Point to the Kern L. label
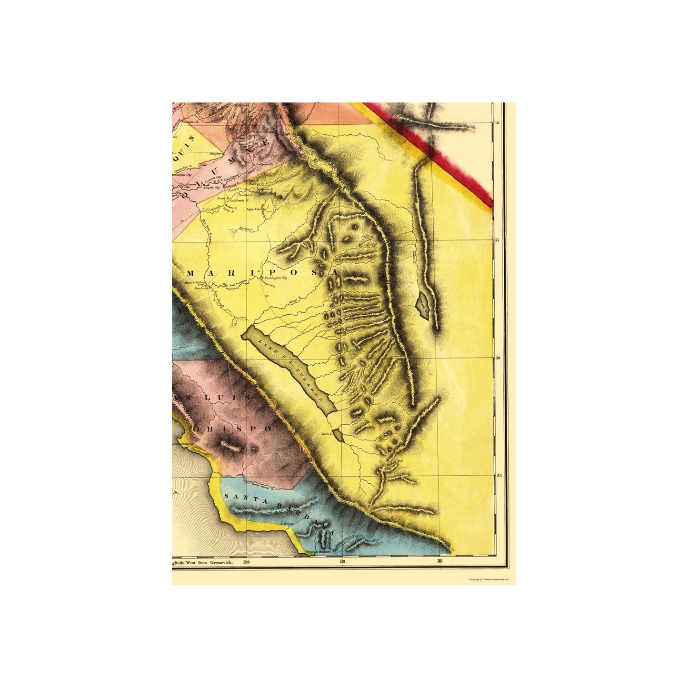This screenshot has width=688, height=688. click(326, 434)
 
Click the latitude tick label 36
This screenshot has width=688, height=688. click(497, 358)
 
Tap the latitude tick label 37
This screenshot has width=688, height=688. click(497, 240)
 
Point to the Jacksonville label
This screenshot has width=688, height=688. click(266, 165)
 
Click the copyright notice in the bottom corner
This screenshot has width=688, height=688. click(489, 579)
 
